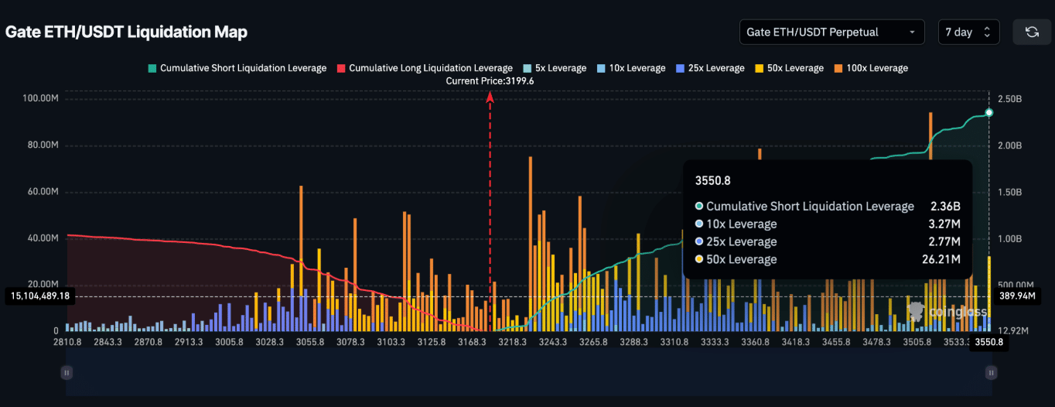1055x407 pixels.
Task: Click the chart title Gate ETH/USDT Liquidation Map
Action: (x=126, y=32)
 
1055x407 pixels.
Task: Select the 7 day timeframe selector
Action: (x=968, y=32)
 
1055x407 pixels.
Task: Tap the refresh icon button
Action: (x=1031, y=32)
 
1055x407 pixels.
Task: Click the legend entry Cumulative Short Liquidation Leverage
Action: (x=237, y=68)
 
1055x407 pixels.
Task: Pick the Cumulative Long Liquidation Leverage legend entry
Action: (x=425, y=68)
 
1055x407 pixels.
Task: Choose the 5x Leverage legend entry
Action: (x=555, y=68)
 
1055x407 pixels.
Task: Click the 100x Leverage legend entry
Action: (x=871, y=68)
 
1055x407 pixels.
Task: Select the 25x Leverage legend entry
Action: (x=710, y=68)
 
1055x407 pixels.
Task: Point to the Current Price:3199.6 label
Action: (x=490, y=80)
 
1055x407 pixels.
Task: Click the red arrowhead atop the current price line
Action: (x=490, y=97)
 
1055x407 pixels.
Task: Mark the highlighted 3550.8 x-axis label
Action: (x=988, y=342)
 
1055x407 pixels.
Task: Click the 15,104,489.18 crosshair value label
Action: (x=39, y=296)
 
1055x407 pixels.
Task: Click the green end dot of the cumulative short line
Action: (x=988, y=113)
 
